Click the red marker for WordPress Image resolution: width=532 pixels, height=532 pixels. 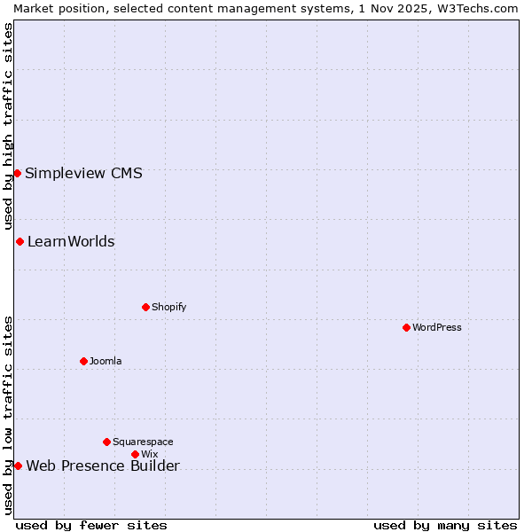coord(406,327)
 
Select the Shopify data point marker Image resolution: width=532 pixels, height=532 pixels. coord(145,307)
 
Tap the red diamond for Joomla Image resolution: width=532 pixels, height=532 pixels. coord(83,361)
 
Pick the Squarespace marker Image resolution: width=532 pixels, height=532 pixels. coord(106,442)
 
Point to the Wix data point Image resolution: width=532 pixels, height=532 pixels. coord(135,454)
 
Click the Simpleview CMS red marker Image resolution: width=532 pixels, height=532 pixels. coord(17,173)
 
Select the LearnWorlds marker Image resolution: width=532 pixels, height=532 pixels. coord(20,241)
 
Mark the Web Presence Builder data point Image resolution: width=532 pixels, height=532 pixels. coord(18,465)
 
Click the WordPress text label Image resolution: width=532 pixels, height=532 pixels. coord(437,327)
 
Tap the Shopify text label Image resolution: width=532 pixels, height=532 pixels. coord(168,307)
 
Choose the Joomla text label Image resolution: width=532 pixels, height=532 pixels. coord(106,361)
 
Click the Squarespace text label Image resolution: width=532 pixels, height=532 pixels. coord(143,442)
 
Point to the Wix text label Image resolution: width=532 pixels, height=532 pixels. coord(149,454)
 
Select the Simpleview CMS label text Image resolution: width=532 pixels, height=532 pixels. coord(83,173)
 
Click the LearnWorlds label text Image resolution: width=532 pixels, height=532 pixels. coord(71,241)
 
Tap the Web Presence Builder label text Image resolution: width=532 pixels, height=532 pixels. coord(103,466)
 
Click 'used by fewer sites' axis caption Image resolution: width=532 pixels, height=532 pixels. coord(91,525)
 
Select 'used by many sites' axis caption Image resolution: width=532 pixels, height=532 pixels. coord(445,525)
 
